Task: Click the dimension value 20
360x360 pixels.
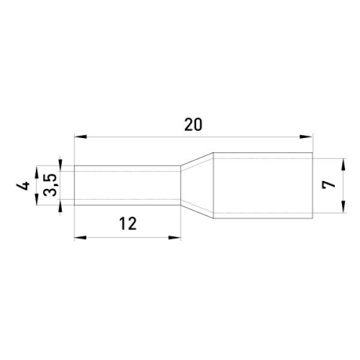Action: point(193,125)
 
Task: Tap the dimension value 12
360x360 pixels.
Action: point(128,224)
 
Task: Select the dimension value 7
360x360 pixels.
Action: point(328,185)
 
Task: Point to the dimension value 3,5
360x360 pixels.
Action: point(50,185)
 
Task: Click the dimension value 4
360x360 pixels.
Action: point(23,185)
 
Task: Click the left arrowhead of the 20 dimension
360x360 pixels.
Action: point(80,137)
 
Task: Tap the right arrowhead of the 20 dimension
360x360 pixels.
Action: point(306,137)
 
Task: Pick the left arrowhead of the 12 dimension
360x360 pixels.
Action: point(80,238)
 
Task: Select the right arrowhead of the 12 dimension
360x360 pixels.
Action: point(175,238)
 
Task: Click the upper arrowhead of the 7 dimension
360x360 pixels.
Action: point(343,164)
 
